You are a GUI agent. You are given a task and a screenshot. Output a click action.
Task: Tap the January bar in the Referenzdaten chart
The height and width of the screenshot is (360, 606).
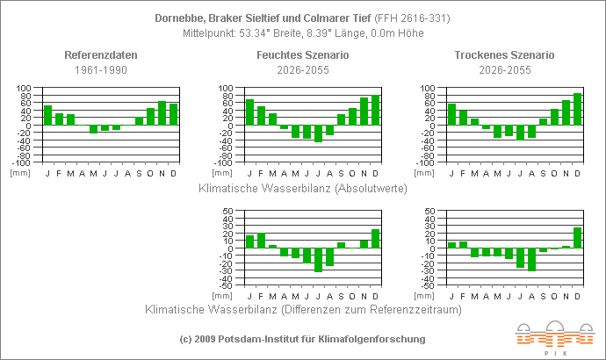pos(48,115)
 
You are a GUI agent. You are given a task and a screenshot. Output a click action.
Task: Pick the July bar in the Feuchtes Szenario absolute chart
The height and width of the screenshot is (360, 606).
pos(318,133)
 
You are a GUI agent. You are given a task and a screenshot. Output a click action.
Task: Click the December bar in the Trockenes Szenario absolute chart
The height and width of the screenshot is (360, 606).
pos(577,109)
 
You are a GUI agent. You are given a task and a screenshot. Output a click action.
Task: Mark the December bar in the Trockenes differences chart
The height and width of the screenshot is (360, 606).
pos(577,238)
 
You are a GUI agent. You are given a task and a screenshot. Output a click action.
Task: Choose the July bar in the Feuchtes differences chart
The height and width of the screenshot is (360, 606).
pos(318,260)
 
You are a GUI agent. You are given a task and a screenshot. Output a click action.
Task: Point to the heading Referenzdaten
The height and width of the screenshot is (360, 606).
pos(101,55)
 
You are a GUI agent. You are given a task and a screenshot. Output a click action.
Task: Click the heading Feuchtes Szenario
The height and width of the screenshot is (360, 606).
pos(303,55)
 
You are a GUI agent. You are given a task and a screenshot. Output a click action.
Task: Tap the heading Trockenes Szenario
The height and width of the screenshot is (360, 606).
pos(505,55)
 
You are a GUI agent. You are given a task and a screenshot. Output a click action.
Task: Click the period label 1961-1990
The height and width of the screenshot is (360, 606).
pos(101,69)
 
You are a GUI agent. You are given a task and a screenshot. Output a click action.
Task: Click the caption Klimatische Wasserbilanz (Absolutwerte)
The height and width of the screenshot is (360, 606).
pos(303,187)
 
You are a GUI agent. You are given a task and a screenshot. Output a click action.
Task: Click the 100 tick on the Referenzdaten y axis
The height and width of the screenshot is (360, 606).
pos(24,89)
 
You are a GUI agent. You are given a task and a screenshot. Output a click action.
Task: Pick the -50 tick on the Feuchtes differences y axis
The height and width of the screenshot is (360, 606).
pos(224,285)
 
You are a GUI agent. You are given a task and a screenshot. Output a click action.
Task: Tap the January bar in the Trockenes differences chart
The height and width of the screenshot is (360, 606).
pos(451,245)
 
